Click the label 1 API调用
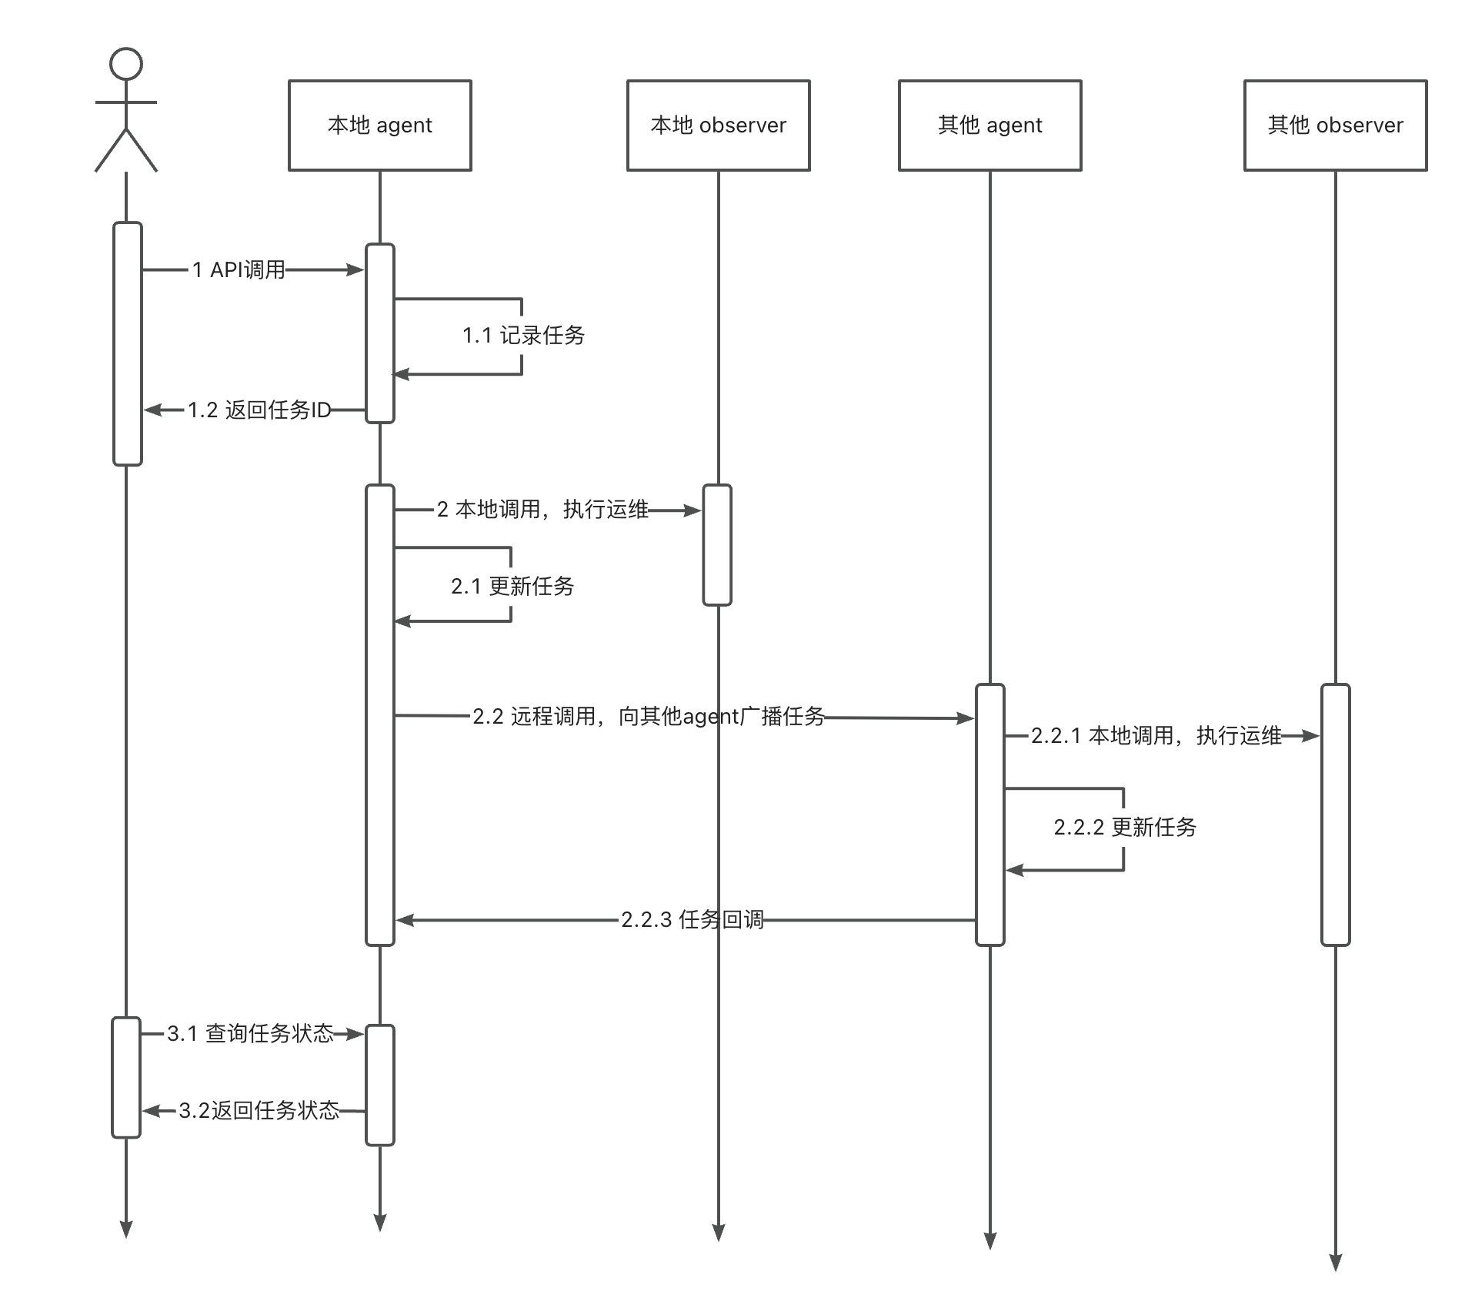click(239, 269)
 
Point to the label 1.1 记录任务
click(523, 335)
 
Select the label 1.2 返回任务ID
click(259, 410)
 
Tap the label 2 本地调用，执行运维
click(542, 509)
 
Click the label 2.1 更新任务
click(512, 586)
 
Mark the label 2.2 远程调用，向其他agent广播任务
click(649, 716)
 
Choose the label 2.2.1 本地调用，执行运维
click(1156, 735)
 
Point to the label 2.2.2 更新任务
click(1125, 827)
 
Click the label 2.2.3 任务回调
click(692, 919)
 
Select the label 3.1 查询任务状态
click(250, 1033)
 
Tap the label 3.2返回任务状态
click(259, 1110)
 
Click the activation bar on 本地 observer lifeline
click(717, 545)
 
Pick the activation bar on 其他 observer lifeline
click(1336, 815)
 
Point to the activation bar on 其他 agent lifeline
click(990, 815)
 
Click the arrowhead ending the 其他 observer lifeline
click(1336, 1263)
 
